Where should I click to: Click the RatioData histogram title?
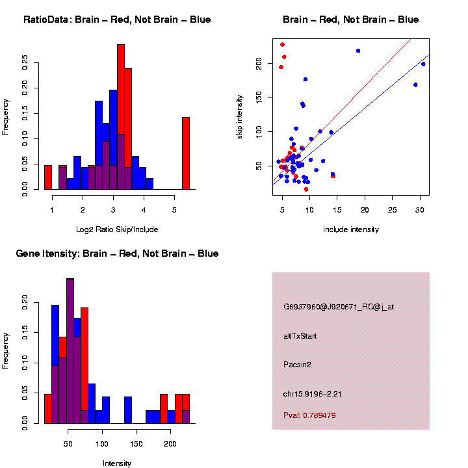tap(117, 19)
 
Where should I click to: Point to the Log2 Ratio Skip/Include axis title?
tap(117, 229)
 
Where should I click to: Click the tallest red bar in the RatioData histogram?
tap(121, 117)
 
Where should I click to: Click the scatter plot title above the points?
tap(350, 19)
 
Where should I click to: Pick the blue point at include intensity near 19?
tap(358, 51)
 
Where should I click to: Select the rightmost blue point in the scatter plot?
tap(423, 64)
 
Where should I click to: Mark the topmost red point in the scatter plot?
tap(282, 45)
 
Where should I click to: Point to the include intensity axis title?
tap(350, 229)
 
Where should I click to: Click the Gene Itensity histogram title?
tap(117, 253)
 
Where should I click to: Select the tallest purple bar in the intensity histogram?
tap(70, 351)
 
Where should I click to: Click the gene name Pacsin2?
tap(298, 365)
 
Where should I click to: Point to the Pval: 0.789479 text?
tap(309, 415)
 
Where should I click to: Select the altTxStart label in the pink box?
tap(300, 336)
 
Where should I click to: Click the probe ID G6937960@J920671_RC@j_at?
tap(339, 307)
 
